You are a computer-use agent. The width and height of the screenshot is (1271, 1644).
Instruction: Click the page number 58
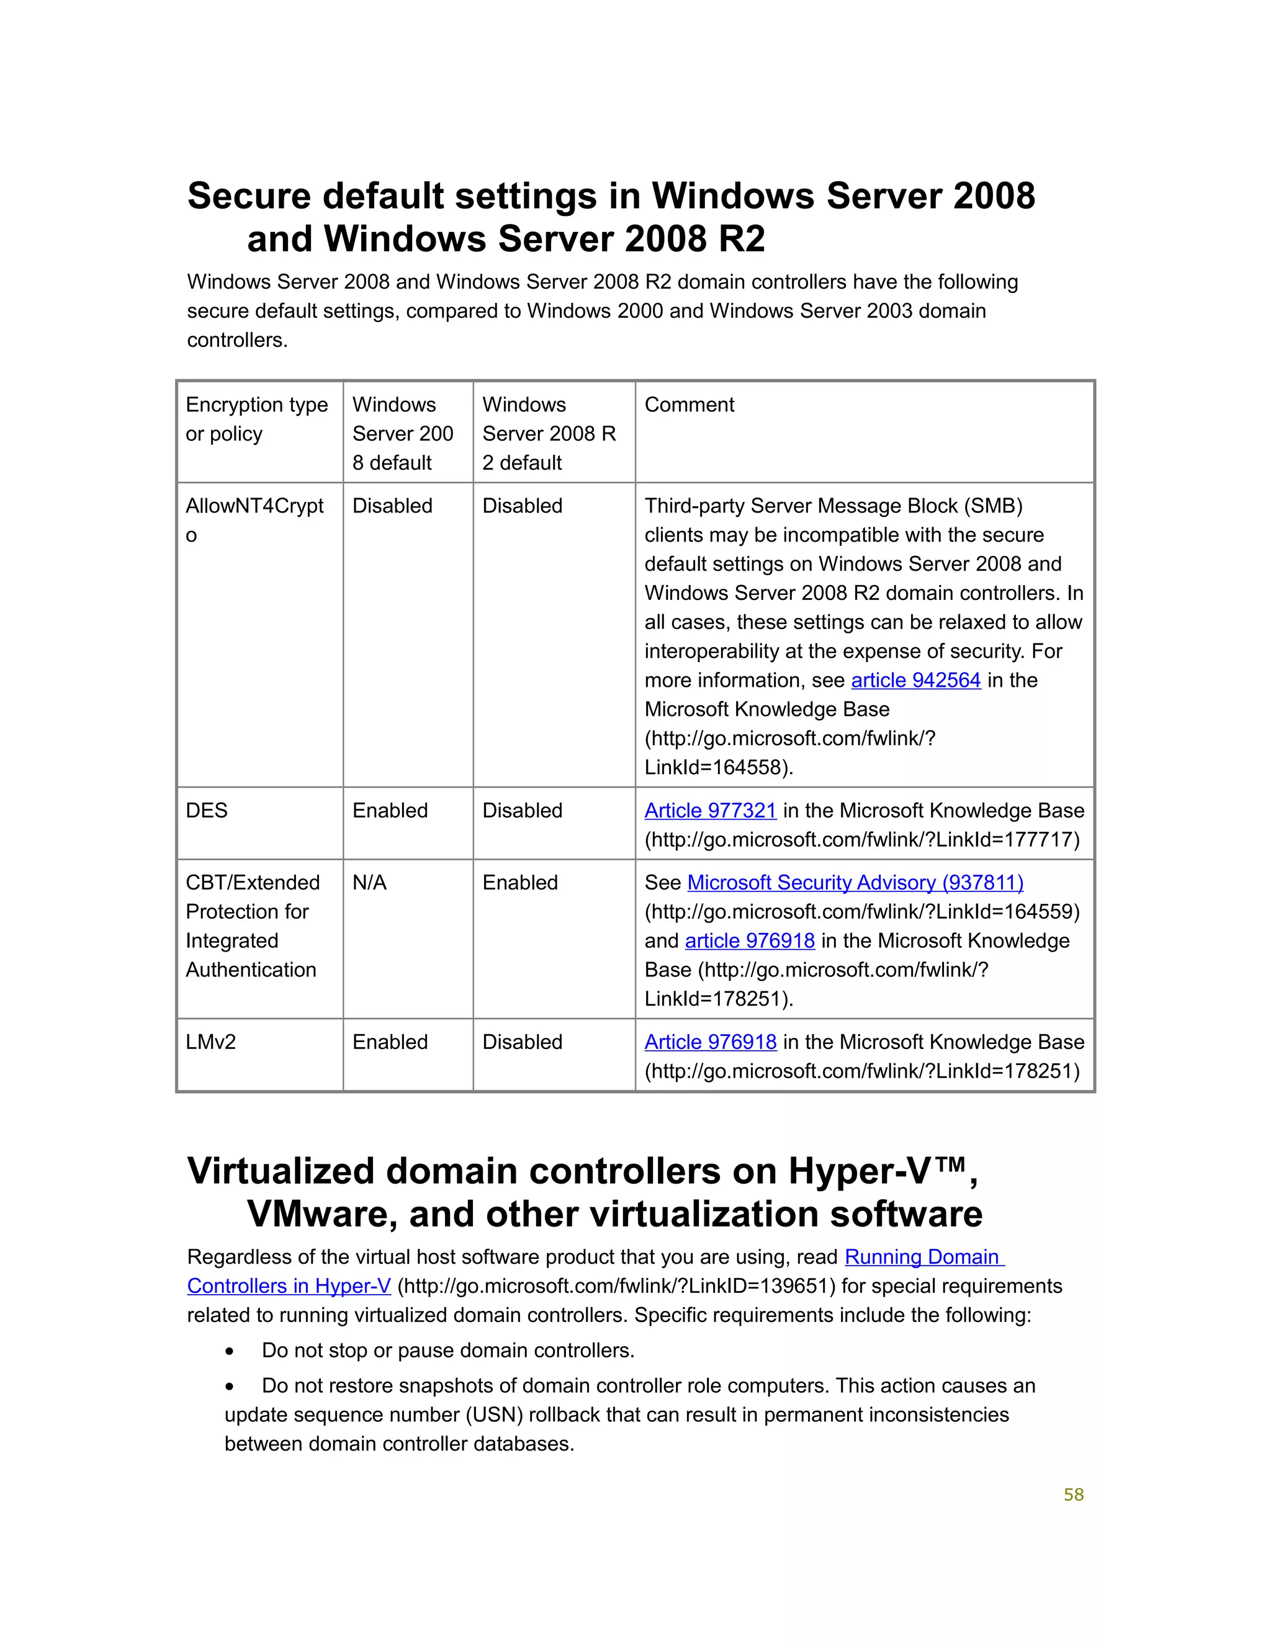coord(1073,1495)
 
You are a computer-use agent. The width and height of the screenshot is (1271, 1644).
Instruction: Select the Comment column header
coord(689,405)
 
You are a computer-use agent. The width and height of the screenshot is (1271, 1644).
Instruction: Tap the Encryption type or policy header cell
coord(256,419)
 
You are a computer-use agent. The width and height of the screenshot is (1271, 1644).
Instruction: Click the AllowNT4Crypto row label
coord(254,519)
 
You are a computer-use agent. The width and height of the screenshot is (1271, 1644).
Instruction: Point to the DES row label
coord(206,811)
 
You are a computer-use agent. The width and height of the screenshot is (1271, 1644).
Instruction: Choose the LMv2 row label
coord(211,1043)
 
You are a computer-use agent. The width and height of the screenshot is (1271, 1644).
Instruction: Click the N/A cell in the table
coord(369,883)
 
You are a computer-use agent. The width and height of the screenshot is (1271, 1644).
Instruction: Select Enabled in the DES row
coord(389,811)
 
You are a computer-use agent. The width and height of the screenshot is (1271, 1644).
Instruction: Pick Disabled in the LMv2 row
coord(522,1043)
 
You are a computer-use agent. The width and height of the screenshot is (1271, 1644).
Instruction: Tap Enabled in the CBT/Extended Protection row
coord(519,883)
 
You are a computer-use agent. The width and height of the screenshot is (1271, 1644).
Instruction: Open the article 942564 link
coord(915,681)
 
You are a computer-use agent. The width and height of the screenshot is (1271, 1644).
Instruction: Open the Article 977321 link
coord(710,811)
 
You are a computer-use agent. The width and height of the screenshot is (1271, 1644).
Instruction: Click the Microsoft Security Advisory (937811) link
coord(855,883)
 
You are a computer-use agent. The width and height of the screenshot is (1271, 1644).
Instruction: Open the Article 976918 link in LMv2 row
coord(710,1043)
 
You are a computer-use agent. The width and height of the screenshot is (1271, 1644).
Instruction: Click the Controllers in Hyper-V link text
coord(289,1287)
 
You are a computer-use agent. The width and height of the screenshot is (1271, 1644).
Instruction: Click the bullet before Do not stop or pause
coord(230,1352)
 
